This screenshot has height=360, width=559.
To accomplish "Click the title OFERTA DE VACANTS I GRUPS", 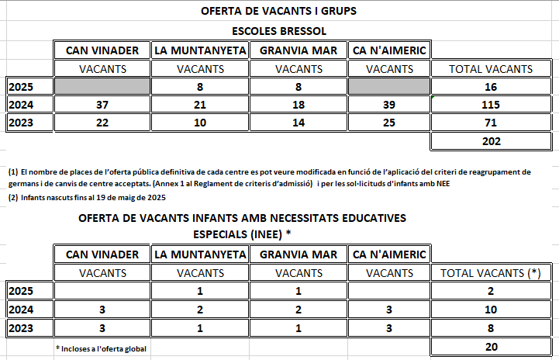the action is [x=279, y=12].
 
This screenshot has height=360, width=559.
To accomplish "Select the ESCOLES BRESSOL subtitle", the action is [x=279, y=31].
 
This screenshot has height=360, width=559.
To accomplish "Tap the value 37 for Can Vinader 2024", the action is [x=102, y=105].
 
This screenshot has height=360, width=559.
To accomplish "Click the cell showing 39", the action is [x=388, y=105].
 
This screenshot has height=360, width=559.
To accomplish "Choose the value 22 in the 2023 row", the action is [x=102, y=123].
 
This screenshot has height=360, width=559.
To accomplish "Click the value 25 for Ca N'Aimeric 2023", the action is [x=388, y=123].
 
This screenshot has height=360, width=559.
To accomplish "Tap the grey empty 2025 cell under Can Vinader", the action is [x=102, y=87].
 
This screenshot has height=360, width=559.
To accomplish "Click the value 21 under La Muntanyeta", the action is [x=200, y=105].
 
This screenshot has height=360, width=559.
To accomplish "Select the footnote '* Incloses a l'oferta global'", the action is [x=102, y=348].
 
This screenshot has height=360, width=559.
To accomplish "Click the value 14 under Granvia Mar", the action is [x=298, y=123].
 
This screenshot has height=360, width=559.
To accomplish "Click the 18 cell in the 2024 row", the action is [x=298, y=105].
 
